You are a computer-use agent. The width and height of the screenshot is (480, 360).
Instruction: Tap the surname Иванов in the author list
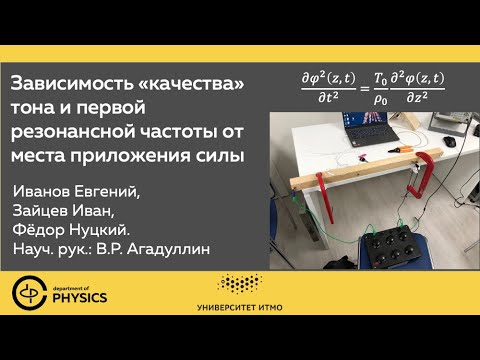[47, 190]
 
